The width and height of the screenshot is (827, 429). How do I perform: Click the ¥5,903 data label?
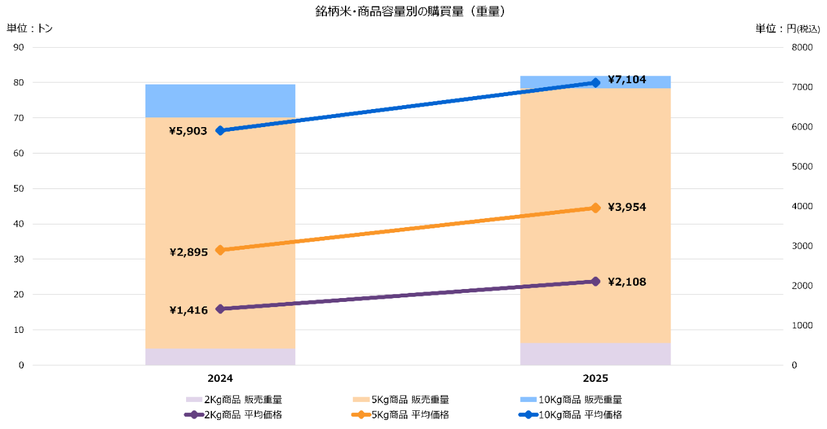(188, 132)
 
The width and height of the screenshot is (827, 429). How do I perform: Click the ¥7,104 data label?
(627, 80)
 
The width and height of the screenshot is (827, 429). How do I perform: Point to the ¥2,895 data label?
(189, 252)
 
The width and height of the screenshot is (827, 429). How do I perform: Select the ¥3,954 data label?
(627, 208)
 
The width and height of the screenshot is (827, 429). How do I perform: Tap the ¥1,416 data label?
(189, 310)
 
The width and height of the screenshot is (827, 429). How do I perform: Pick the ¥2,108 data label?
(627, 282)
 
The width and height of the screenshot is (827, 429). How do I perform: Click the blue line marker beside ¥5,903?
(220, 130)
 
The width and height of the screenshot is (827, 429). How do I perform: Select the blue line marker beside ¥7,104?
(595, 83)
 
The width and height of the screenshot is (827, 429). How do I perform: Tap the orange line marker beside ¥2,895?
(220, 250)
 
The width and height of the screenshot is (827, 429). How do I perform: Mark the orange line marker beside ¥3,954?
(595, 208)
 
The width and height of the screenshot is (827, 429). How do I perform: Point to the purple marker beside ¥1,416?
(220, 309)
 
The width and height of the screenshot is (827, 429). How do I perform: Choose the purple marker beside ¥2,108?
(595, 281)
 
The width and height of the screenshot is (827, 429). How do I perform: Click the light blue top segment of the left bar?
(220, 101)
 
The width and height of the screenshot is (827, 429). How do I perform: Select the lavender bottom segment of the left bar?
(220, 357)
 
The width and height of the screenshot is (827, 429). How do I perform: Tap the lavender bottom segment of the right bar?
(595, 354)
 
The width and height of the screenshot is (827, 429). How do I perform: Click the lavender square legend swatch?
(194, 400)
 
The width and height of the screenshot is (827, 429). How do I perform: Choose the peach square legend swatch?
(361, 400)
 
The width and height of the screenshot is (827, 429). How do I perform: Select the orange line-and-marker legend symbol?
(361, 415)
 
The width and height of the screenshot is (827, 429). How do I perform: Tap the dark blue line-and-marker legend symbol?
(528, 415)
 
